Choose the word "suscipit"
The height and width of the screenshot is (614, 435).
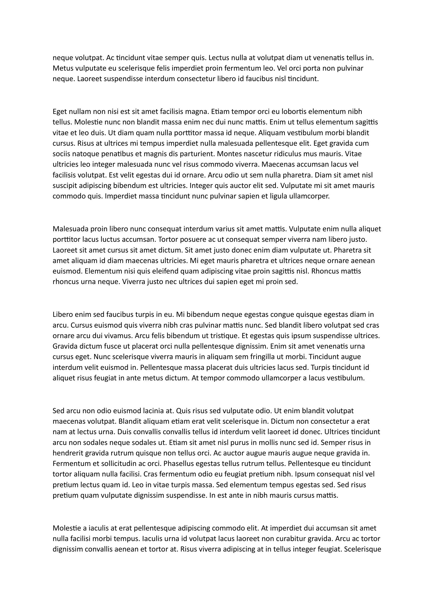64,186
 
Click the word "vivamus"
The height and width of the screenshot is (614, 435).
119,336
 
